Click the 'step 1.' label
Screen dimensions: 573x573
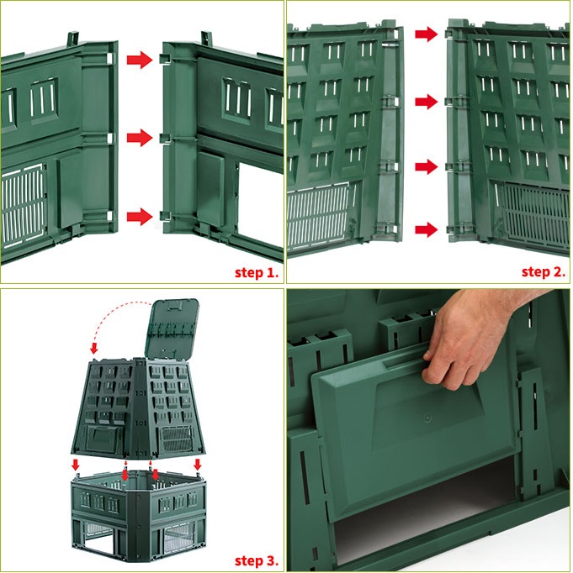[x=257, y=272]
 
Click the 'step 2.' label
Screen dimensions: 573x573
[x=544, y=272]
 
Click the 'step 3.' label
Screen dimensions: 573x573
[x=257, y=560]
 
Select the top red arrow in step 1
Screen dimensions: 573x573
[x=140, y=60]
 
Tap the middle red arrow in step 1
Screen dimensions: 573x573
[x=140, y=138]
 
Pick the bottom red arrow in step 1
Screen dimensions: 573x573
[x=140, y=216]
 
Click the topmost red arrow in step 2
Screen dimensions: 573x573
[x=427, y=34]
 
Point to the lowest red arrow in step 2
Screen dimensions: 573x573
[x=427, y=230]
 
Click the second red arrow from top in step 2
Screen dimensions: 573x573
[x=427, y=102]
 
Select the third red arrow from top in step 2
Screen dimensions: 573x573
[x=427, y=166]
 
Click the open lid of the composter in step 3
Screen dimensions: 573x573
[x=172, y=329]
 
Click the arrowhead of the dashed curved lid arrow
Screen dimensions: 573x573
[x=94, y=349]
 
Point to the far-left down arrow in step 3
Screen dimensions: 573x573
[x=76, y=465]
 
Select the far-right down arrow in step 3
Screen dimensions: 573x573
[x=198, y=465]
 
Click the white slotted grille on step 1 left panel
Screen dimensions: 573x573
[x=23, y=207]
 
